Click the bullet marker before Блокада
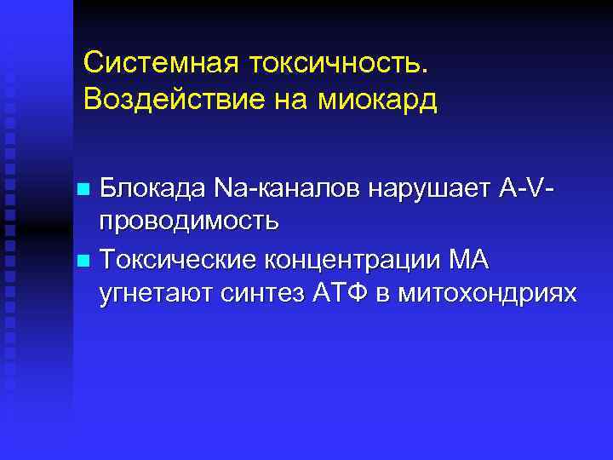click(83, 187)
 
